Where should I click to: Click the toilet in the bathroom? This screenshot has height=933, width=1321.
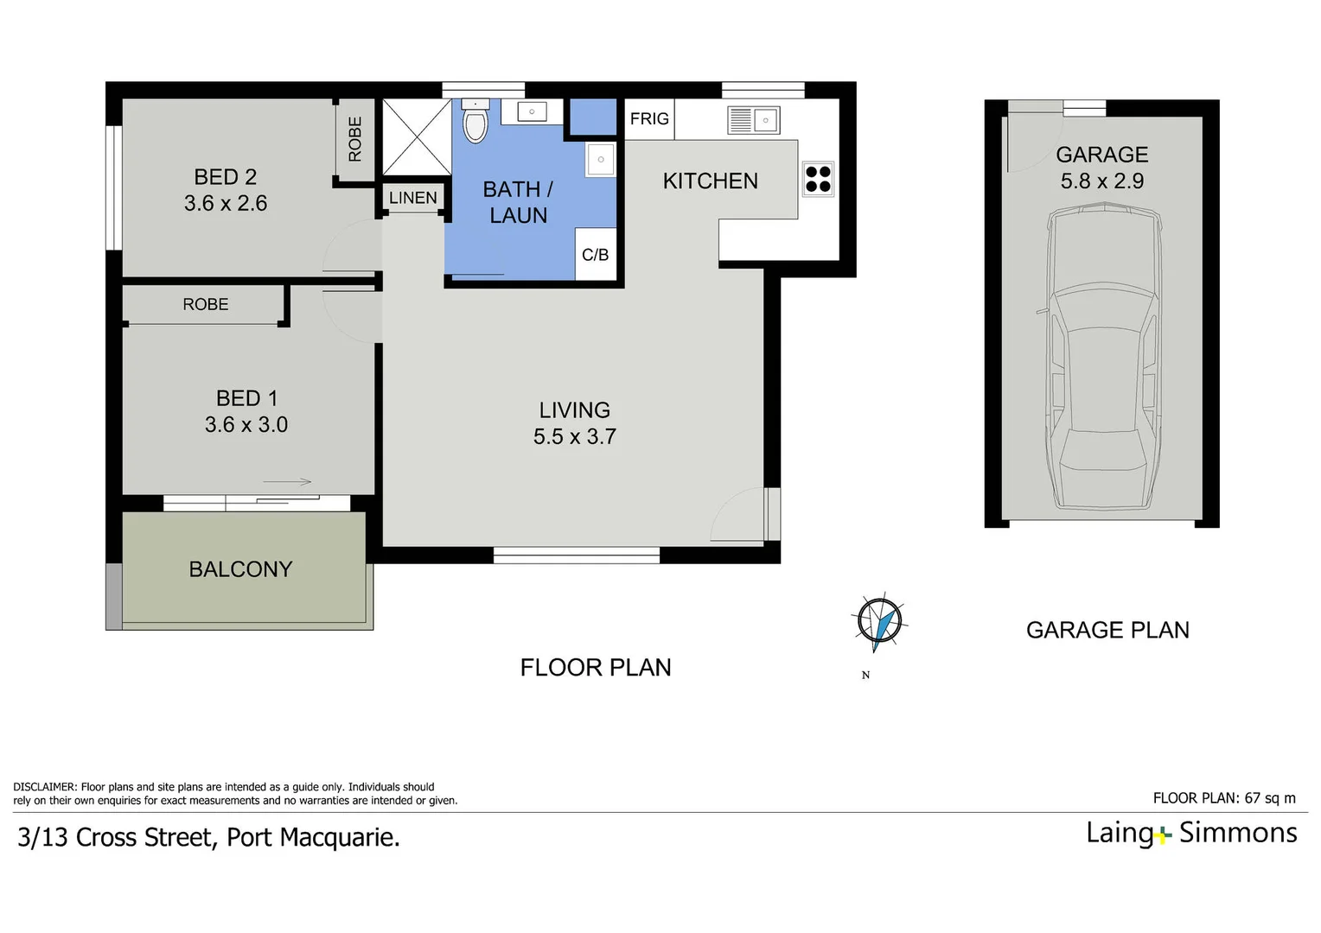[475, 123]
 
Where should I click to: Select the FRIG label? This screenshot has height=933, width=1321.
[649, 119]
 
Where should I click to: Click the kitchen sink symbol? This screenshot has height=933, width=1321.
[754, 120]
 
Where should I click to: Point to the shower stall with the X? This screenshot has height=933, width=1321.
[417, 137]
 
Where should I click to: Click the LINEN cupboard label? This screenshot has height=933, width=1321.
[413, 198]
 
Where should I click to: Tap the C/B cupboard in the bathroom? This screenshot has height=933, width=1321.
[595, 255]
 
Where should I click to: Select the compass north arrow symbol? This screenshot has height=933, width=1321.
[880, 622]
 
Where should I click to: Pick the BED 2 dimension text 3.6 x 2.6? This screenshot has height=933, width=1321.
[226, 204]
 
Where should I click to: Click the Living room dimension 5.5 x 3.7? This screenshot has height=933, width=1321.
[575, 437]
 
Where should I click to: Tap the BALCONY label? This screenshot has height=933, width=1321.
[240, 569]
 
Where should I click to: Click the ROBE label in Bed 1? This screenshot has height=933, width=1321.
[206, 305]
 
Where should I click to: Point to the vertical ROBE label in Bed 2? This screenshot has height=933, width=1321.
[355, 139]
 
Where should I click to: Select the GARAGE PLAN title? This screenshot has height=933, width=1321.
[1107, 631]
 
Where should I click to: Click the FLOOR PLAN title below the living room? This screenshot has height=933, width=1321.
[596, 668]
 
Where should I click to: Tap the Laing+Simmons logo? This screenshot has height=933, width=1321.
[1191, 833]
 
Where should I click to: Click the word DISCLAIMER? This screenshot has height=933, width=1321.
[45, 787]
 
